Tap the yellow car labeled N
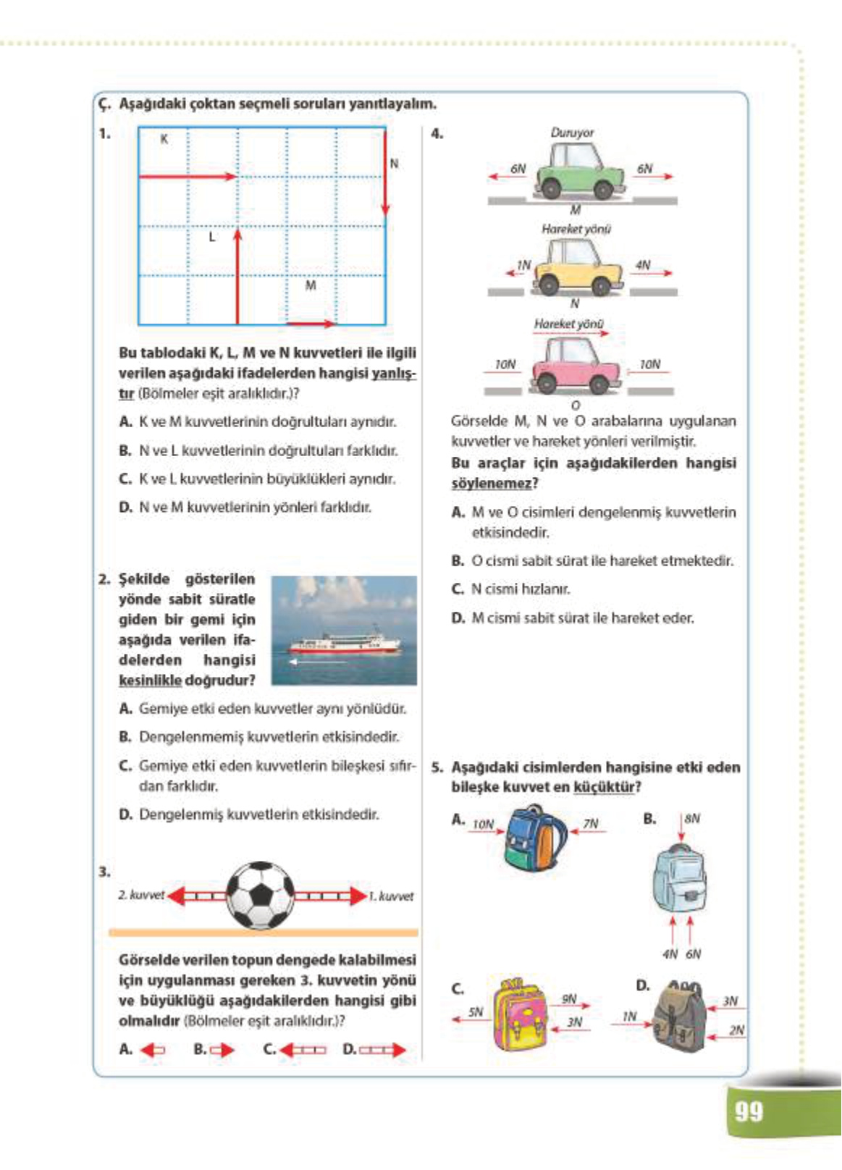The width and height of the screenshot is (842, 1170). pos(578,267)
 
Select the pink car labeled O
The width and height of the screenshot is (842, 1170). pos(576,365)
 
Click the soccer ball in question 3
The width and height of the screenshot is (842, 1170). pos(260,896)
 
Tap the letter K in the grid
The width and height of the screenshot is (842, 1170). pos(164,139)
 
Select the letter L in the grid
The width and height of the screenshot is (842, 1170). pos(211,237)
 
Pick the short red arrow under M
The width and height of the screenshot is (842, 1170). pos(311,323)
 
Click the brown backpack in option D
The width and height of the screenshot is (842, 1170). pos(678,1017)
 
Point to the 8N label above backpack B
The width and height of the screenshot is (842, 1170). pos(692,819)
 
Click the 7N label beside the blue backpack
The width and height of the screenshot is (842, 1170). pos(591,824)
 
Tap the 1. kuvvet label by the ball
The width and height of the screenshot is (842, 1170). pos(391,896)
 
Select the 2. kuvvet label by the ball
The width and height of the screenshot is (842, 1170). pos(142,895)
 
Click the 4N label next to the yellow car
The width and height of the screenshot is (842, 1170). pos(642,265)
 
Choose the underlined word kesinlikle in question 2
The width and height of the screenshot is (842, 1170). pos(150,681)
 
